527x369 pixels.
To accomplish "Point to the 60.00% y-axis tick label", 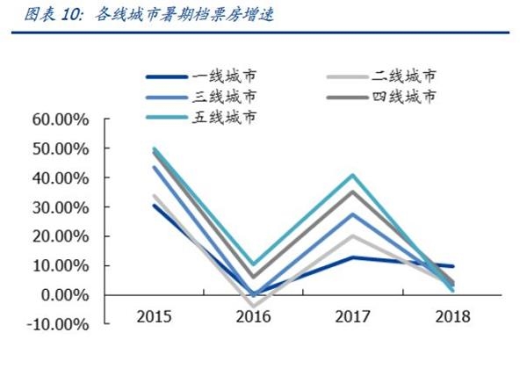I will click(59, 119).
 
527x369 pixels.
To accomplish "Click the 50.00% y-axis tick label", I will click(59, 148).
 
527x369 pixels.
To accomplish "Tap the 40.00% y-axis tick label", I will click(59, 177).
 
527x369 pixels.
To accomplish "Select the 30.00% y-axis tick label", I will click(59, 206).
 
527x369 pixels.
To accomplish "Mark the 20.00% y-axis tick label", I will click(59, 236).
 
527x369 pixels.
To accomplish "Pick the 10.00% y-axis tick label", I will click(59, 265).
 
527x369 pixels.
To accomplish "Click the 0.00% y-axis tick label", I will click(63, 294).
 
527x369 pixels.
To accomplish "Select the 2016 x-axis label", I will click(252, 315).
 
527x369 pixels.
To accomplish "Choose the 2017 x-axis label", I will click(351, 315).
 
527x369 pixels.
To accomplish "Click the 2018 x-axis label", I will click(451, 315).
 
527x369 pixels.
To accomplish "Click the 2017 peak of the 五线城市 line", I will click(351, 175).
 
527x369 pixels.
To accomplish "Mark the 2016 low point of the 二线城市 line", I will click(252, 305).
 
